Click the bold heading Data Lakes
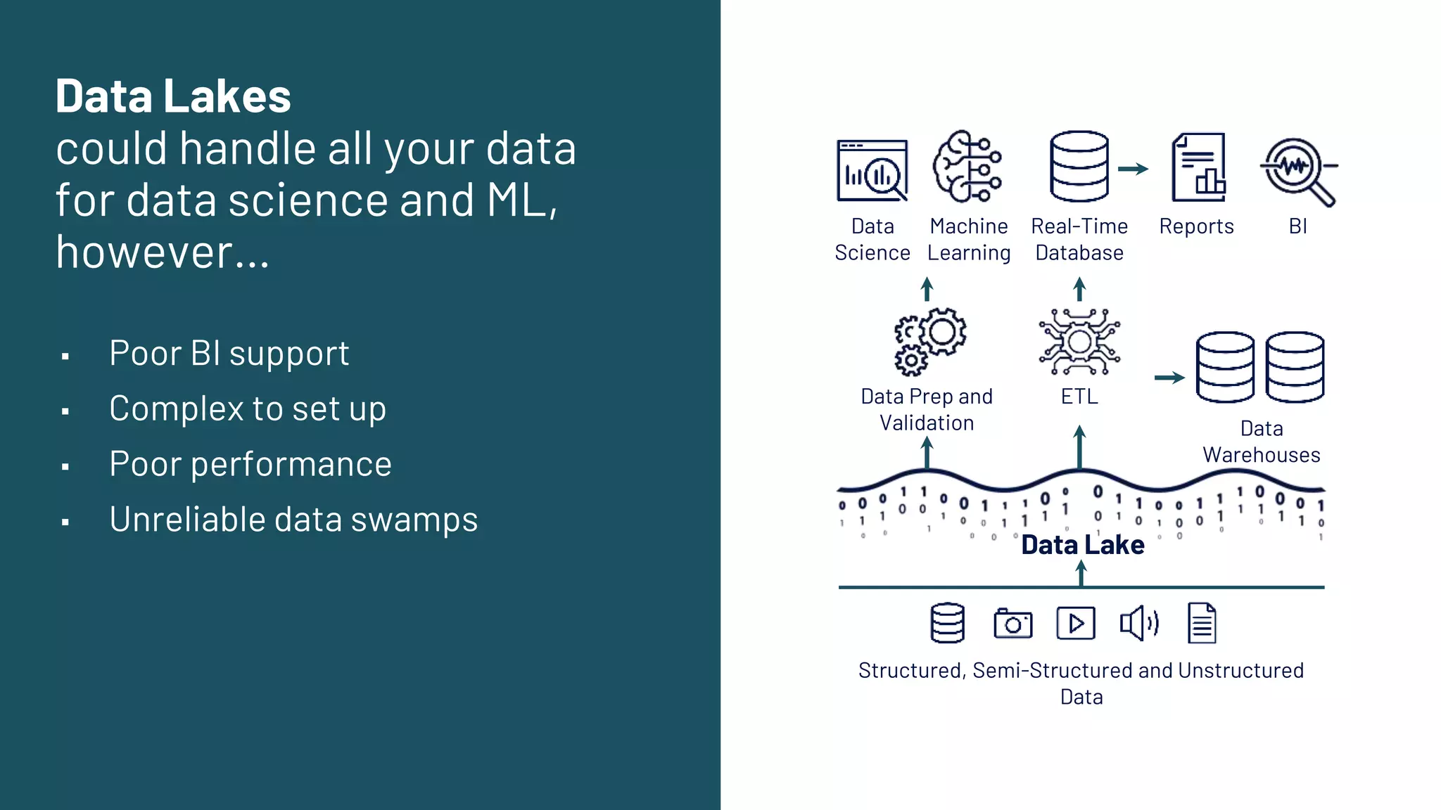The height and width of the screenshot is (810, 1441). click(x=173, y=96)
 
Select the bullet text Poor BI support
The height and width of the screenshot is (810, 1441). click(x=229, y=353)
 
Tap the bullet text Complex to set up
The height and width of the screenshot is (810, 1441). click(x=248, y=409)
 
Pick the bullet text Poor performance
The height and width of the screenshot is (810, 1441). click(x=250, y=464)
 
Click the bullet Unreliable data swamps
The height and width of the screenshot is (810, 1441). click(x=293, y=520)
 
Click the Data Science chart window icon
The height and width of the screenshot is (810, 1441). click(x=872, y=170)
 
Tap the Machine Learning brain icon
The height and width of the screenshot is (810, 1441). click(x=967, y=167)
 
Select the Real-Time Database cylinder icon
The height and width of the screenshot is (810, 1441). click(x=1079, y=167)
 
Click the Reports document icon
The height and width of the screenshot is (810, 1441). click(x=1198, y=167)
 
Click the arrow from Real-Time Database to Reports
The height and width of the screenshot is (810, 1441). click(x=1133, y=169)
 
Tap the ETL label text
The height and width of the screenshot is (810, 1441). click(x=1079, y=397)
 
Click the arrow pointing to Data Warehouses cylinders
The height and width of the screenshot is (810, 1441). click(x=1169, y=378)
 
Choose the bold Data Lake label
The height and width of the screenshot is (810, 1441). click(x=1082, y=545)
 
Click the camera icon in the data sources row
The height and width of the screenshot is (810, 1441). click(x=1012, y=624)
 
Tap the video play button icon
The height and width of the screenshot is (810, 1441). click(x=1075, y=623)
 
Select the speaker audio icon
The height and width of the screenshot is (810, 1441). click(x=1138, y=623)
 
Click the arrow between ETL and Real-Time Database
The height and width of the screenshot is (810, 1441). click(x=1079, y=289)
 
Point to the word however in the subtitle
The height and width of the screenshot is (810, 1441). click(x=144, y=252)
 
